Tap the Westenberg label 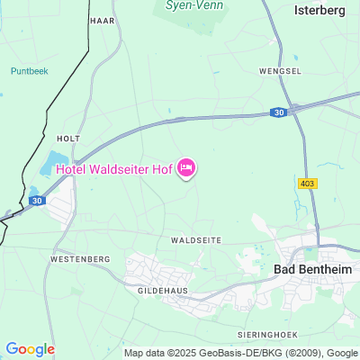tap(80, 259)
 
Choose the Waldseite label tap(195, 241)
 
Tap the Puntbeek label tap(28, 70)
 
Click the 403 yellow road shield tap(307, 183)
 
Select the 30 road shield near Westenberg tap(37, 201)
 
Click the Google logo tap(30, 349)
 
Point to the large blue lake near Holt tap(49, 166)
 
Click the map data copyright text tap(241, 353)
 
